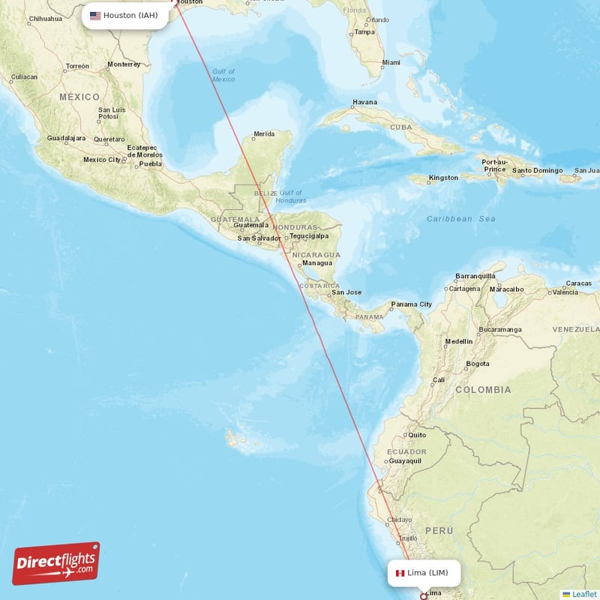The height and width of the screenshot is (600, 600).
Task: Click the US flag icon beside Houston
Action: [95, 15]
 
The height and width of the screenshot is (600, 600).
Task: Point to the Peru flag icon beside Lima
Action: [400, 573]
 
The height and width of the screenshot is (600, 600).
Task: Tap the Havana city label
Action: [364, 102]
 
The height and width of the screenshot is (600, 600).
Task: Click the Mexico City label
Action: [102, 160]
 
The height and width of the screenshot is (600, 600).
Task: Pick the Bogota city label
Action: [478, 364]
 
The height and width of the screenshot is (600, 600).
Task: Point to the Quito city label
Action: [416, 435]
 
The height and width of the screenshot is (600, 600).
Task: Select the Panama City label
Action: [411, 304]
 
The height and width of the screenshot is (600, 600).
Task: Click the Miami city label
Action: [391, 62]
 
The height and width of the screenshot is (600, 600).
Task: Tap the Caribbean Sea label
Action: [461, 218]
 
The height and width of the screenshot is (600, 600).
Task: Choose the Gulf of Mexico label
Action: [223, 75]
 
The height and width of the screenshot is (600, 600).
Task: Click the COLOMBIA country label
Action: [483, 390]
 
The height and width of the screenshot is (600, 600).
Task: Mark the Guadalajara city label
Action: [66, 139]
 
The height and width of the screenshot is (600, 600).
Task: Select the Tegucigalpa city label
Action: [309, 235]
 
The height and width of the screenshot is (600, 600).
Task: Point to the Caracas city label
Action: [578, 283]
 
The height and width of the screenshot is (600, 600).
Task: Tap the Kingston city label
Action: [443, 178]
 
